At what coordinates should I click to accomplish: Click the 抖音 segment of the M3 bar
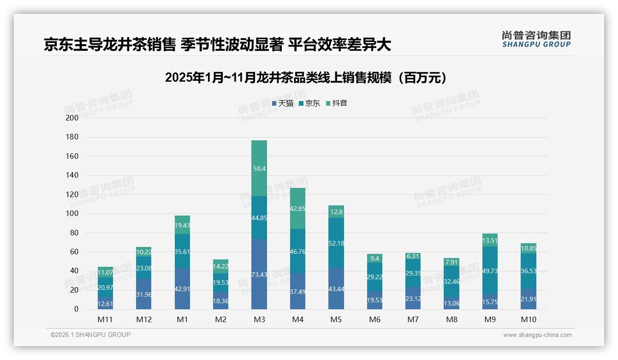(259, 168)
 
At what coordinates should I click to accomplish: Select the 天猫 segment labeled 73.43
(259, 275)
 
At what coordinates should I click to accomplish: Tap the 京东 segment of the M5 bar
(336, 243)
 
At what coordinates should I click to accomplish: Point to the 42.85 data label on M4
(297, 209)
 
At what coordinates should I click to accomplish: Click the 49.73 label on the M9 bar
(490, 271)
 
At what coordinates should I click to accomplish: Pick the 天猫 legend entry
(283, 103)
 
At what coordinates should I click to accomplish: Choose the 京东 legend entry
(309, 103)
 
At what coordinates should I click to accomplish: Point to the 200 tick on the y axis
(72, 118)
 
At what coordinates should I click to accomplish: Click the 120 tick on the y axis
(72, 195)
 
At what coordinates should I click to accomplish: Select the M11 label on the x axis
(105, 319)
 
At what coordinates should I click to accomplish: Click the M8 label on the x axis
(452, 319)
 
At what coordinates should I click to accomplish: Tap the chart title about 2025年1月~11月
(306, 78)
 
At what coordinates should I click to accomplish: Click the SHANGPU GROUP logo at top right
(536, 39)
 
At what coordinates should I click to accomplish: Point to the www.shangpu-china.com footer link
(537, 335)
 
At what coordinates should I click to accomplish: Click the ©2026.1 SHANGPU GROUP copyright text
(90, 335)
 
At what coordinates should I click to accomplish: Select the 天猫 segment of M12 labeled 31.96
(144, 294)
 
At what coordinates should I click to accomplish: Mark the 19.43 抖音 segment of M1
(182, 225)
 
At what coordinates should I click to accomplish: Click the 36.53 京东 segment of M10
(529, 271)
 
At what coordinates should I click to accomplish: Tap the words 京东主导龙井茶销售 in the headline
(110, 44)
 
